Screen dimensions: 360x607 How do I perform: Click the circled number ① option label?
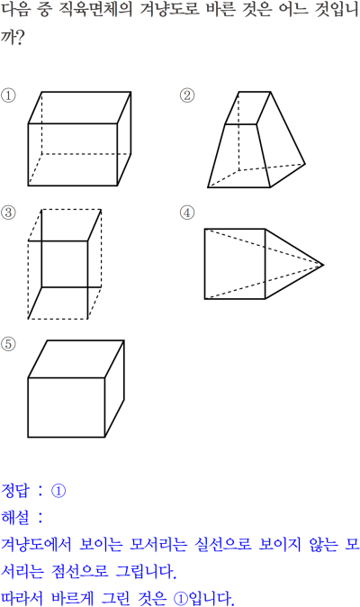click(x=8, y=95)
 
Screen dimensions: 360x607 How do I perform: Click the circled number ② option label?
click(x=187, y=95)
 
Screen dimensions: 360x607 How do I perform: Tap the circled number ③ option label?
click(x=8, y=213)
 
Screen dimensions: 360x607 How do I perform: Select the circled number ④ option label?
click(x=187, y=213)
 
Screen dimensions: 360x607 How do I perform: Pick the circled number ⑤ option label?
click(x=8, y=344)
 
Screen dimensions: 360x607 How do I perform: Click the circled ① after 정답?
click(x=58, y=491)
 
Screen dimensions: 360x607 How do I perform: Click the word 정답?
click(x=15, y=491)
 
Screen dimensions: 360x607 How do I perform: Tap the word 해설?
click(x=15, y=517)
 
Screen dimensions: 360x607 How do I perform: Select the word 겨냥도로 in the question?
click(x=170, y=10)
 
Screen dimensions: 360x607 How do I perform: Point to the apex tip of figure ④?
click(x=323, y=265)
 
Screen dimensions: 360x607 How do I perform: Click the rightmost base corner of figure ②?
click(x=305, y=164)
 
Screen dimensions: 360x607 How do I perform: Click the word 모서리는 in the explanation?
click(x=157, y=544)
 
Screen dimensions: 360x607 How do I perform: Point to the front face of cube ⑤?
click(x=67, y=407)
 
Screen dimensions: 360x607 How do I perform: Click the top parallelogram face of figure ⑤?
click(x=76, y=358)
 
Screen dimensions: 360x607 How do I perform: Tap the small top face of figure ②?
click(x=247, y=108)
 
